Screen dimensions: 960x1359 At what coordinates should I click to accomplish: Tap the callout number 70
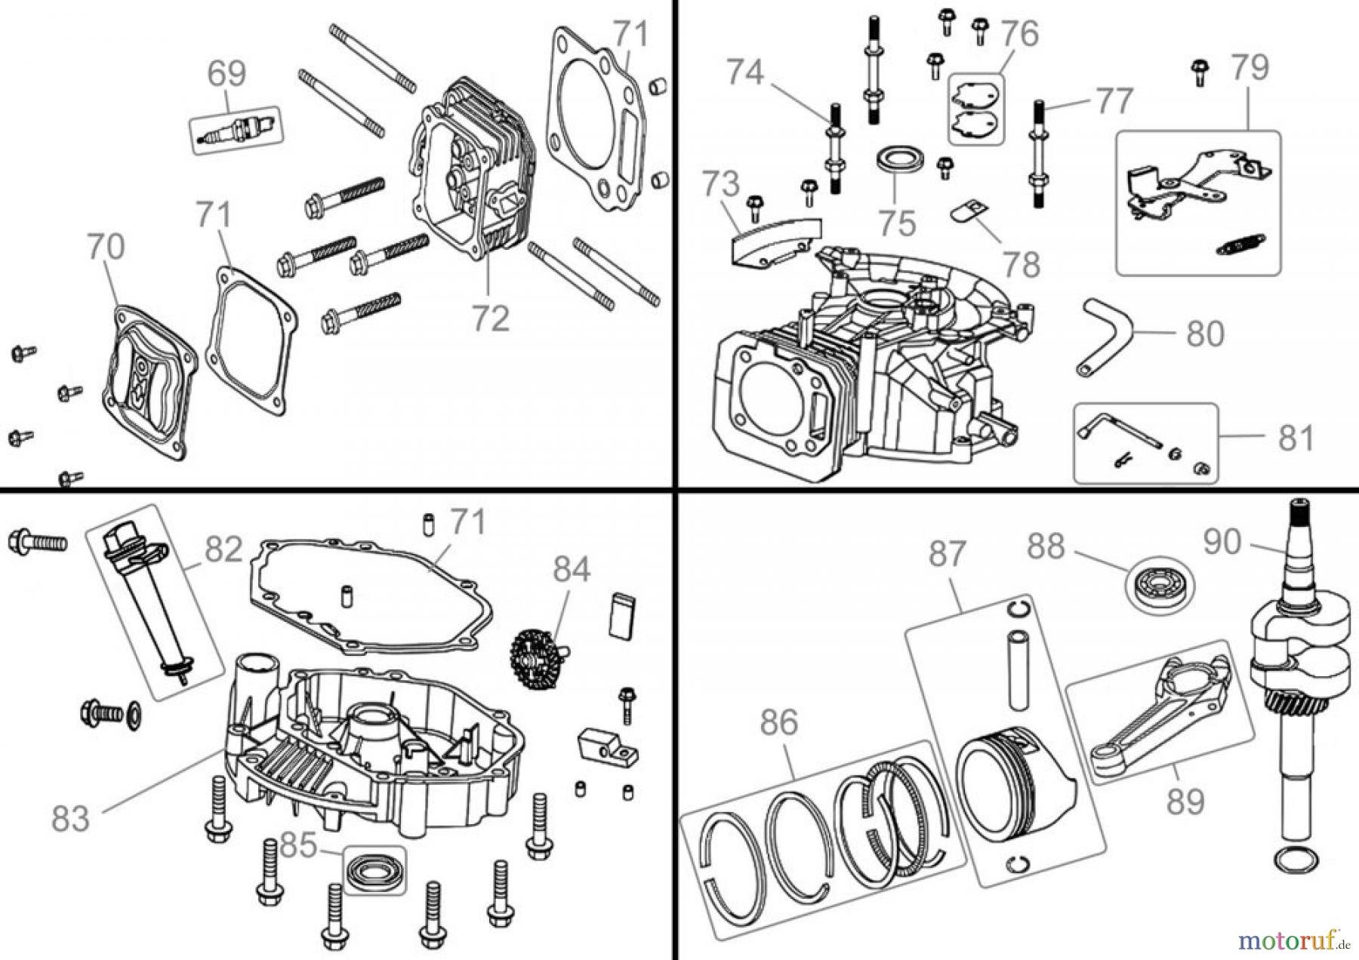pyautogui.click(x=106, y=248)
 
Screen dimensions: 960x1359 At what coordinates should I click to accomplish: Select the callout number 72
pyautogui.click(x=491, y=318)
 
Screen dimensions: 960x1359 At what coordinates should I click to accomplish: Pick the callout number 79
pyautogui.click(x=1250, y=68)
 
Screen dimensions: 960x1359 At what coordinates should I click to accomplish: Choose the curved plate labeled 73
pyautogui.click(x=774, y=240)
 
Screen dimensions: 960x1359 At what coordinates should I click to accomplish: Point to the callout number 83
pyautogui.click(x=70, y=817)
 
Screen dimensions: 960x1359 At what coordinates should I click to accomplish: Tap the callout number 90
pyautogui.click(x=1222, y=541)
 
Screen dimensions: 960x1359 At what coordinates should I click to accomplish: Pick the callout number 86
pyautogui.click(x=778, y=722)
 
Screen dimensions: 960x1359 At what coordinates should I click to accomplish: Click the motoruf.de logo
pyautogui.click(x=1293, y=940)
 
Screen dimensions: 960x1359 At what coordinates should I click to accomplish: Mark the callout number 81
pyautogui.click(x=1296, y=438)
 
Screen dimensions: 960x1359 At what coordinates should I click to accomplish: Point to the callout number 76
pyautogui.click(x=1020, y=34)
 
